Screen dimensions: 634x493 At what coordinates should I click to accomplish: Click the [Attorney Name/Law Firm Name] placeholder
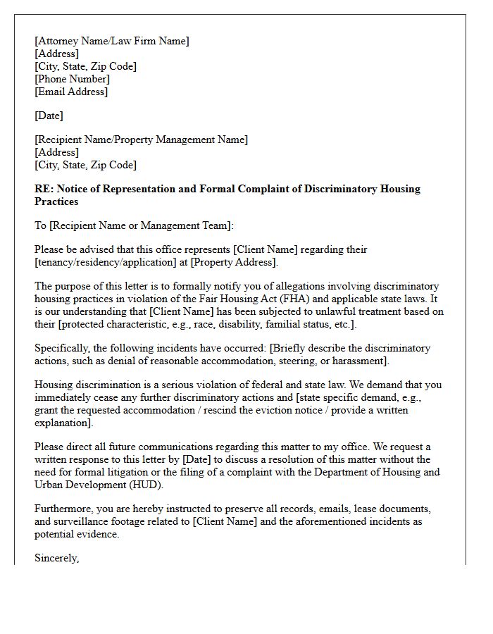112,41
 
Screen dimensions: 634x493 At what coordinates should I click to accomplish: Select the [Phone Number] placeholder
72,79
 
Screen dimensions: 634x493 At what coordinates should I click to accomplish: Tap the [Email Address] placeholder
71,92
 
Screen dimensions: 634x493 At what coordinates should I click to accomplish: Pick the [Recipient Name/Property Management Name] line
141,139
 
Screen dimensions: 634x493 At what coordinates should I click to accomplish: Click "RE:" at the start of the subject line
44,189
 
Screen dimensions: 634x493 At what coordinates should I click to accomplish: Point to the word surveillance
84,521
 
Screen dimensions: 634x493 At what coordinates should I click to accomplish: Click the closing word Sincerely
56,558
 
